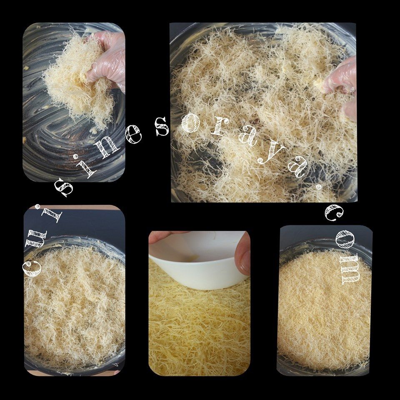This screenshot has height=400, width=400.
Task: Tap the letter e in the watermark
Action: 132,133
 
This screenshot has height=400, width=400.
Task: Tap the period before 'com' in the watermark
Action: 319,187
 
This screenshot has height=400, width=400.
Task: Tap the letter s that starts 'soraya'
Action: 162,127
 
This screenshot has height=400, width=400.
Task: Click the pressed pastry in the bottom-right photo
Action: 325,309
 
